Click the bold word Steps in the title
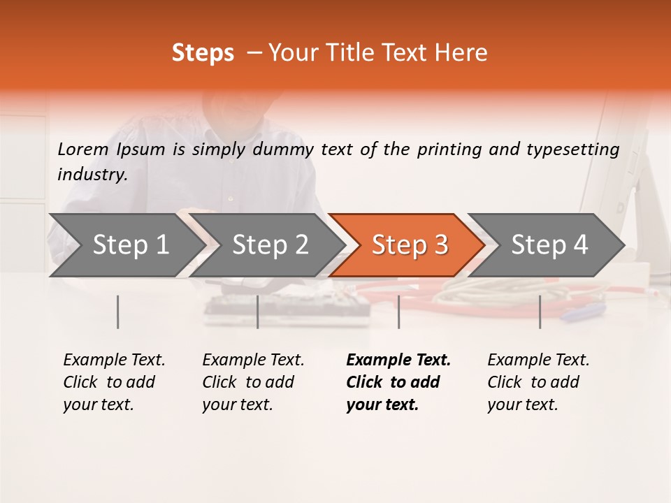click(x=203, y=53)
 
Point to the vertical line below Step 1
click(x=118, y=312)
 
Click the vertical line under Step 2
click(x=258, y=312)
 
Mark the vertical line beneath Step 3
click(x=398, y=312)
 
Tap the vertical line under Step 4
click(x=540, y=312)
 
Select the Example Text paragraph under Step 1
click(x=114, y=381)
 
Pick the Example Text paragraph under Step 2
click(x=253, y=381)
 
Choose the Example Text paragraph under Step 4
click(x=538, y=381)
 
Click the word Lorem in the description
click(x=82, y=149)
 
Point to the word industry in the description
click(x=92, y=175)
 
